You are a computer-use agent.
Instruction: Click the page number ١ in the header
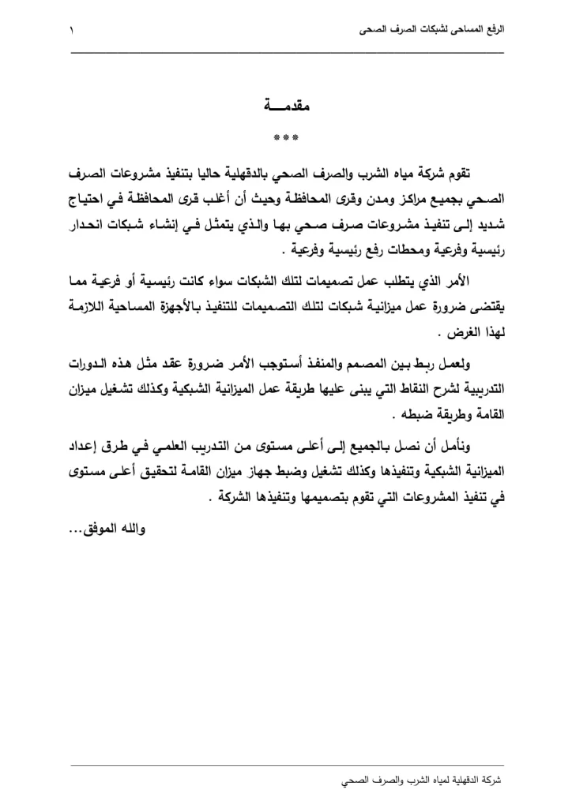(x=73, y=32)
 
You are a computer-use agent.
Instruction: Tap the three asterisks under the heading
(x=285, y=138)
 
